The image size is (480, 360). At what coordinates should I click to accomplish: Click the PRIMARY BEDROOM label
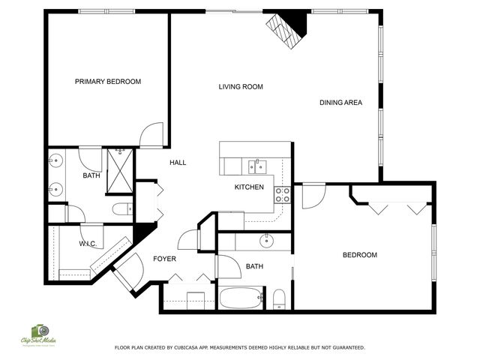[108, 82]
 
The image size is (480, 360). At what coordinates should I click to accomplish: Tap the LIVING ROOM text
[241, 87]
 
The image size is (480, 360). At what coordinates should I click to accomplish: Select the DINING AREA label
[341, 103]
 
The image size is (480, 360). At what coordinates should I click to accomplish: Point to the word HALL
[178, 163]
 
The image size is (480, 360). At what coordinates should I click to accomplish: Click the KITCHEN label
[249, 187]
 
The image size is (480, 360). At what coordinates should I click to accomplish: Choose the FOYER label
[165, 259]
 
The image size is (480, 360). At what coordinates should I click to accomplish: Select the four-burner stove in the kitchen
[283, 195]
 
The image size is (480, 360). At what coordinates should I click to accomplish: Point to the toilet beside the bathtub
[279, 298]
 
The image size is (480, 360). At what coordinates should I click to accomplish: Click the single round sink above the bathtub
[267, 241]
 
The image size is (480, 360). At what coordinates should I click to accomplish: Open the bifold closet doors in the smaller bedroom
[393, 206]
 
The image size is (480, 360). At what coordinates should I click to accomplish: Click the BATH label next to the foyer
[254, 266]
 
